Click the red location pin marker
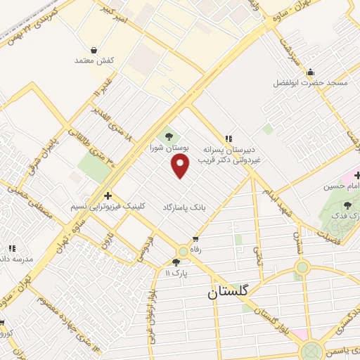(x=181, y=166)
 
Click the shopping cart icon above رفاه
(x=186, y=239)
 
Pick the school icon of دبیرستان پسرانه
(x=229, y=139)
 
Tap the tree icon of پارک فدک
(x=347, y=205)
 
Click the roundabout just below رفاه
(x=183, y=251)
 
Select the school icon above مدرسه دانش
(x=12, y=247)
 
